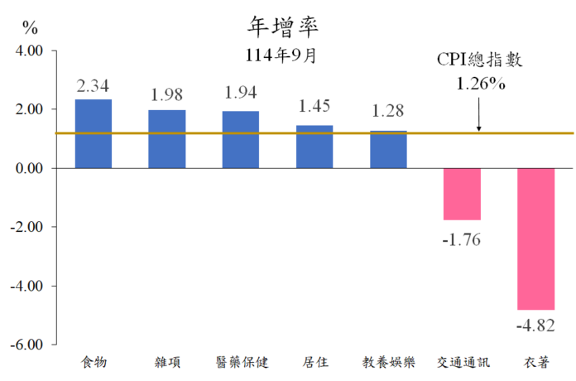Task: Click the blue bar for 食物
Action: coord(94,133)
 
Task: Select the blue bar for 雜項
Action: coord(167,139)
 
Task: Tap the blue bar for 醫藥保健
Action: coord(241,139)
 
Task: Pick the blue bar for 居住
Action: coord(314,147)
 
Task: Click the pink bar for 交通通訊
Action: coord(462,194)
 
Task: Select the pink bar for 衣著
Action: coord(536,239)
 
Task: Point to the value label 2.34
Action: coord(94,86)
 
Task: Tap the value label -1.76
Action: coord(462,240)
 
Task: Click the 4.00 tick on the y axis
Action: coord(29,51)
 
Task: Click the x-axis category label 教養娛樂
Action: coord(388,362)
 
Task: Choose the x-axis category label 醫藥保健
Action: coord(241,362)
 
